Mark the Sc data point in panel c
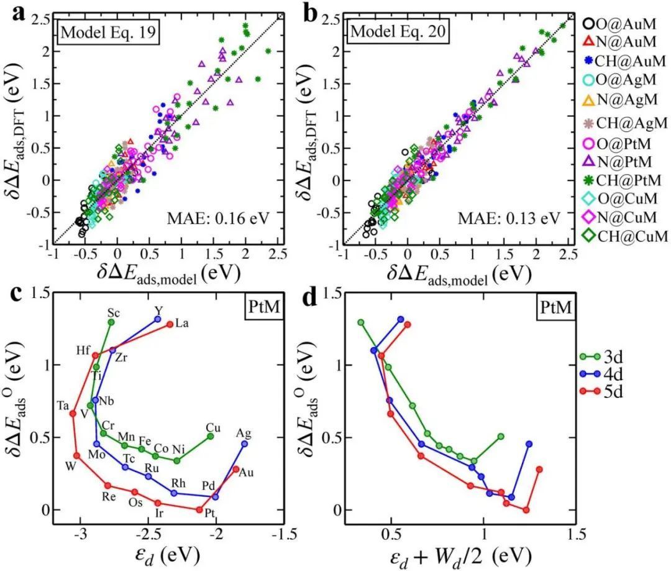pyautogui.click(x=111, y=322)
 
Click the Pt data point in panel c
pyautogui.click(x=199, y=510)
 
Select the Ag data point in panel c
pyautogui.click(x=245, y=443)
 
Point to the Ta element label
pyautogui.click(x=63, y=406)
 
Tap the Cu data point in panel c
pyautogui.click(x=211, y=436)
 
